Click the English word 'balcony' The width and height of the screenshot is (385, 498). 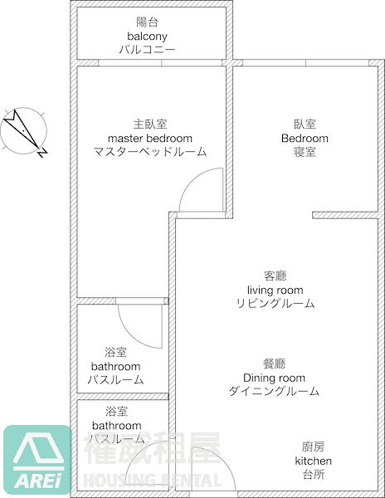(x=147, y=37)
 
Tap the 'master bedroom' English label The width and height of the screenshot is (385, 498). (x=150, y=139)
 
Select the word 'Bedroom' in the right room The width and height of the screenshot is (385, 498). (x=305, y=139)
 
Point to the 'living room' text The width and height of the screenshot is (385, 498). (x=275, y=290)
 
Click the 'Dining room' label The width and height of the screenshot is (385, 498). (x=274, y=378)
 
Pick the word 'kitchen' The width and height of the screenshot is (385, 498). (x=314, y=461)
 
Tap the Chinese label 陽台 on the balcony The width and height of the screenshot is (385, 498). (x=147, y=22)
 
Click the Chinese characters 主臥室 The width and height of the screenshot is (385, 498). (x=150, y=124)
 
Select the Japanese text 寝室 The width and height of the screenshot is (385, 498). (x=305, y=152)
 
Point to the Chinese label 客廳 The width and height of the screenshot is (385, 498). (x=275, y=276)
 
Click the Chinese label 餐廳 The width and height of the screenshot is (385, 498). (x=274, y=364)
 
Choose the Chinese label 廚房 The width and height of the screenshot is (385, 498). (x=314, y=447)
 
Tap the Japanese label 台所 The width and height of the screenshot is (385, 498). (x=314, y=475)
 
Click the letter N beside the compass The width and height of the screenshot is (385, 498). (x=42, y=153)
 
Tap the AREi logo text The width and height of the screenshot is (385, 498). (x=38, y=481)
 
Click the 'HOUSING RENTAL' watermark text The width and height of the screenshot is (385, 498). (x=152, y=480)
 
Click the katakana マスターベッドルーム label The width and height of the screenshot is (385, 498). (x=150, y=152)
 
